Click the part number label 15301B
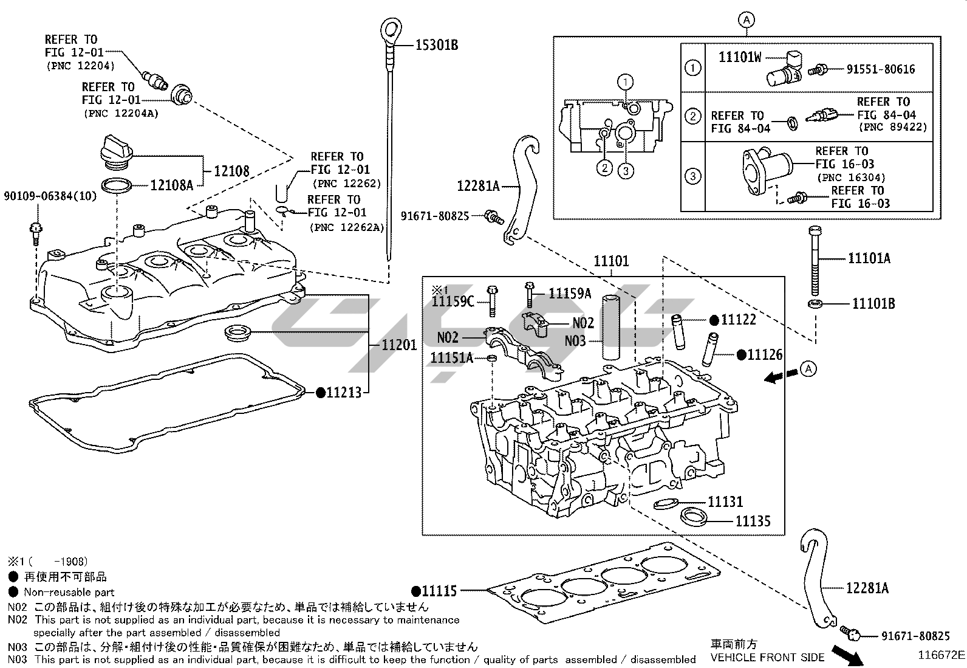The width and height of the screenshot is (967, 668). [436, 44]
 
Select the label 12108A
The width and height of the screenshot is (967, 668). [171, 185]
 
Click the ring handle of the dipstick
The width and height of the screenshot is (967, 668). [391, 30]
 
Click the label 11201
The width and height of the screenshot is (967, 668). [399, 345]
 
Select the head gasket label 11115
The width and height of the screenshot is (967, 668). [439, 590]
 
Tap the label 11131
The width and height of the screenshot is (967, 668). [725, 501]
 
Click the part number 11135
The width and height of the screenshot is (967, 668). [753, 521]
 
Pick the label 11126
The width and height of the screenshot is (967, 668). [765, 355]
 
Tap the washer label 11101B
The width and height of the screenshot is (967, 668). [873, 303]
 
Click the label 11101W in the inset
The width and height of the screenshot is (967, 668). [739, 57]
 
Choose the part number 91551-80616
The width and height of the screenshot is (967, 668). [880, 69]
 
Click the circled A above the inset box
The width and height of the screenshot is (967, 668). [747, 20]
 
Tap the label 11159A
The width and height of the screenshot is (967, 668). [570, 294]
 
